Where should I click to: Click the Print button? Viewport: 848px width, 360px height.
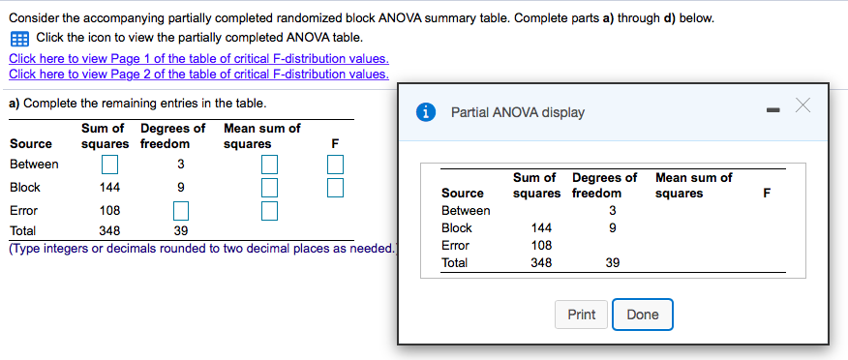click(x=582, y=315)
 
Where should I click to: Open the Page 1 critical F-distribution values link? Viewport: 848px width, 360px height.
click(x=198, y=58)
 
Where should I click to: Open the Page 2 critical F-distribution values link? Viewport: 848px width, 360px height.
click(x=198, y=74)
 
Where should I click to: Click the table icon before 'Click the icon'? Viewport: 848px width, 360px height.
click(x=19, y=39)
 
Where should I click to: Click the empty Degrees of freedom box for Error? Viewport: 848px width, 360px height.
click(x=180, y=209)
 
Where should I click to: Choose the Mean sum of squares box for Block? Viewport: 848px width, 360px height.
click(x=268, y=187)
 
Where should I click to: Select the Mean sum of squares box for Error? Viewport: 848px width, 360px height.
click(x=268, y=209)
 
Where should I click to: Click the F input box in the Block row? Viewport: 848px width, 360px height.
click(x=335, y=187)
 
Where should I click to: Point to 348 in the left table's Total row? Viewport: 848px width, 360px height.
click(x=110, y=231)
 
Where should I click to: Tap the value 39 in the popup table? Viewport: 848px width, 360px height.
click(x=612, y=263)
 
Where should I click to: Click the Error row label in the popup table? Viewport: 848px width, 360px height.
click(x=455, y=246)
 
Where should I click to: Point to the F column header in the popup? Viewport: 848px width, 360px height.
click(x=767, y=194)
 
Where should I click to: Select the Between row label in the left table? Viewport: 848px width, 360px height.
click(x=34, y=165)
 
